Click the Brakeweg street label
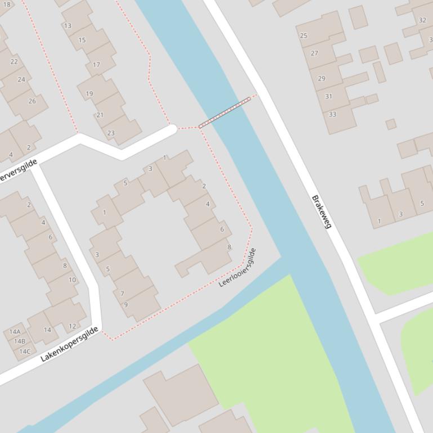(x=322, y=212)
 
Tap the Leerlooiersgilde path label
(x=238, y=268)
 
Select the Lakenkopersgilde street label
(x=69, y=344)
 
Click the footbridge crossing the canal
(x=225, y=112)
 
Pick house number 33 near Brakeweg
(x=332, y=114)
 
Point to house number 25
(x=303, y=35)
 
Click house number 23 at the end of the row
(x=111, y=133)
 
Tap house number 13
(x=68, y=26)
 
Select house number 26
(x=32, y=101)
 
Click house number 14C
(x=24, y=351)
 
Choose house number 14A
(x=15, y=332)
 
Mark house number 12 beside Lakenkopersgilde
(x=72, y=326)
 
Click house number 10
(x=72, y=279)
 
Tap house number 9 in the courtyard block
(x=126, y=304)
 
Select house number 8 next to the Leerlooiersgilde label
(x=229, y=247)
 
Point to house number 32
(x=422, y=20)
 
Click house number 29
(x=322, y=78)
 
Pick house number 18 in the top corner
(x=7, y=4)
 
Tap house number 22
(x=14, y=62)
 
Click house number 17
(x=96, y=65)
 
